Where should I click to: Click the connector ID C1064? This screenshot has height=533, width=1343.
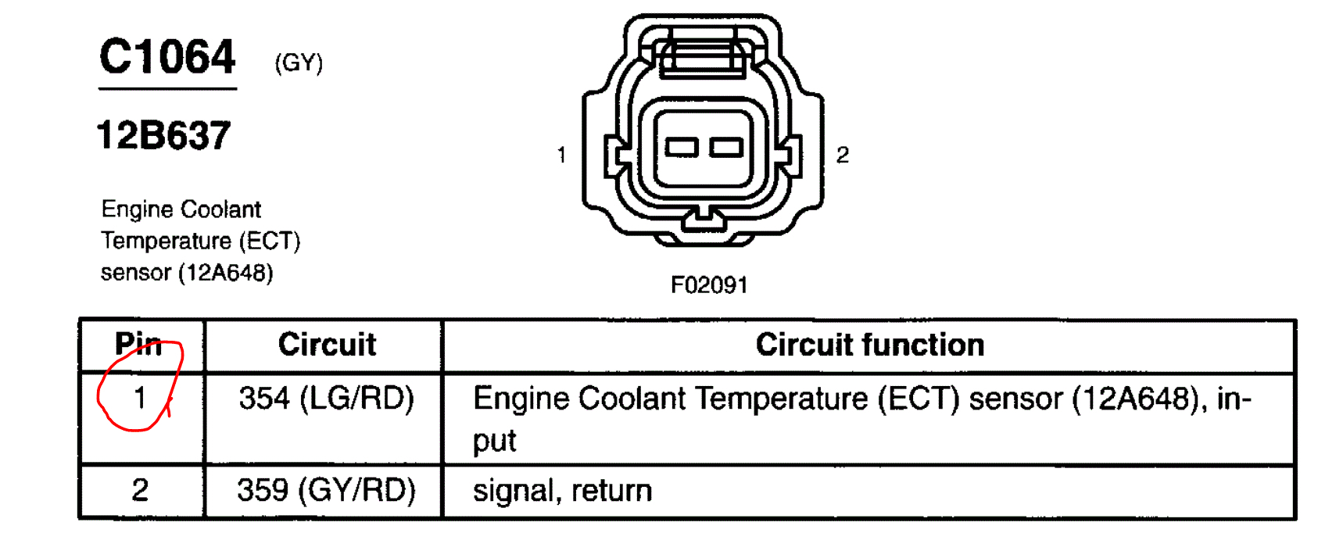[167, 58]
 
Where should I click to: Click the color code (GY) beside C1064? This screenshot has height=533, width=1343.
[299, 63]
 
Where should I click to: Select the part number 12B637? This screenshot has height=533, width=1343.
[163, 135]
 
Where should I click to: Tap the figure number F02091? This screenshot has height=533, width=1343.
[709, 285]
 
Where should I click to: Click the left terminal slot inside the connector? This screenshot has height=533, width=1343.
[682, 147]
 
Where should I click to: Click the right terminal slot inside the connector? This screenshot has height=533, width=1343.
[726, 147]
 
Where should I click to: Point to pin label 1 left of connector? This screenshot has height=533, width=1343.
[561, 155]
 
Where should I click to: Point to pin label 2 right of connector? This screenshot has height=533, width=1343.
[842, 155]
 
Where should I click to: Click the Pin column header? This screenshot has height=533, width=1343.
[138, 344]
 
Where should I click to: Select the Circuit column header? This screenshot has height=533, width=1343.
[327, 345]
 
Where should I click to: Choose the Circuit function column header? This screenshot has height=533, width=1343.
[869, 345]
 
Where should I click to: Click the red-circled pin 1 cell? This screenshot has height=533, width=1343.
[140, 398]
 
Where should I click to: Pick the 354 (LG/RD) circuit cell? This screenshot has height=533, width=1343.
[326, 399]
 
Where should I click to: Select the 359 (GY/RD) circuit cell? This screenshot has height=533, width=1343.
[326, 491]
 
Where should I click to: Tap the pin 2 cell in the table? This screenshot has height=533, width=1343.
[140, 491]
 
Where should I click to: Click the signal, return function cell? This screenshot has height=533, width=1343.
[562, 491]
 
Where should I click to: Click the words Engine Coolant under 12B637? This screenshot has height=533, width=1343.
[181, 209]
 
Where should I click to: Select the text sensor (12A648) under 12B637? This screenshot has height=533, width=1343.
[187, 273]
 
